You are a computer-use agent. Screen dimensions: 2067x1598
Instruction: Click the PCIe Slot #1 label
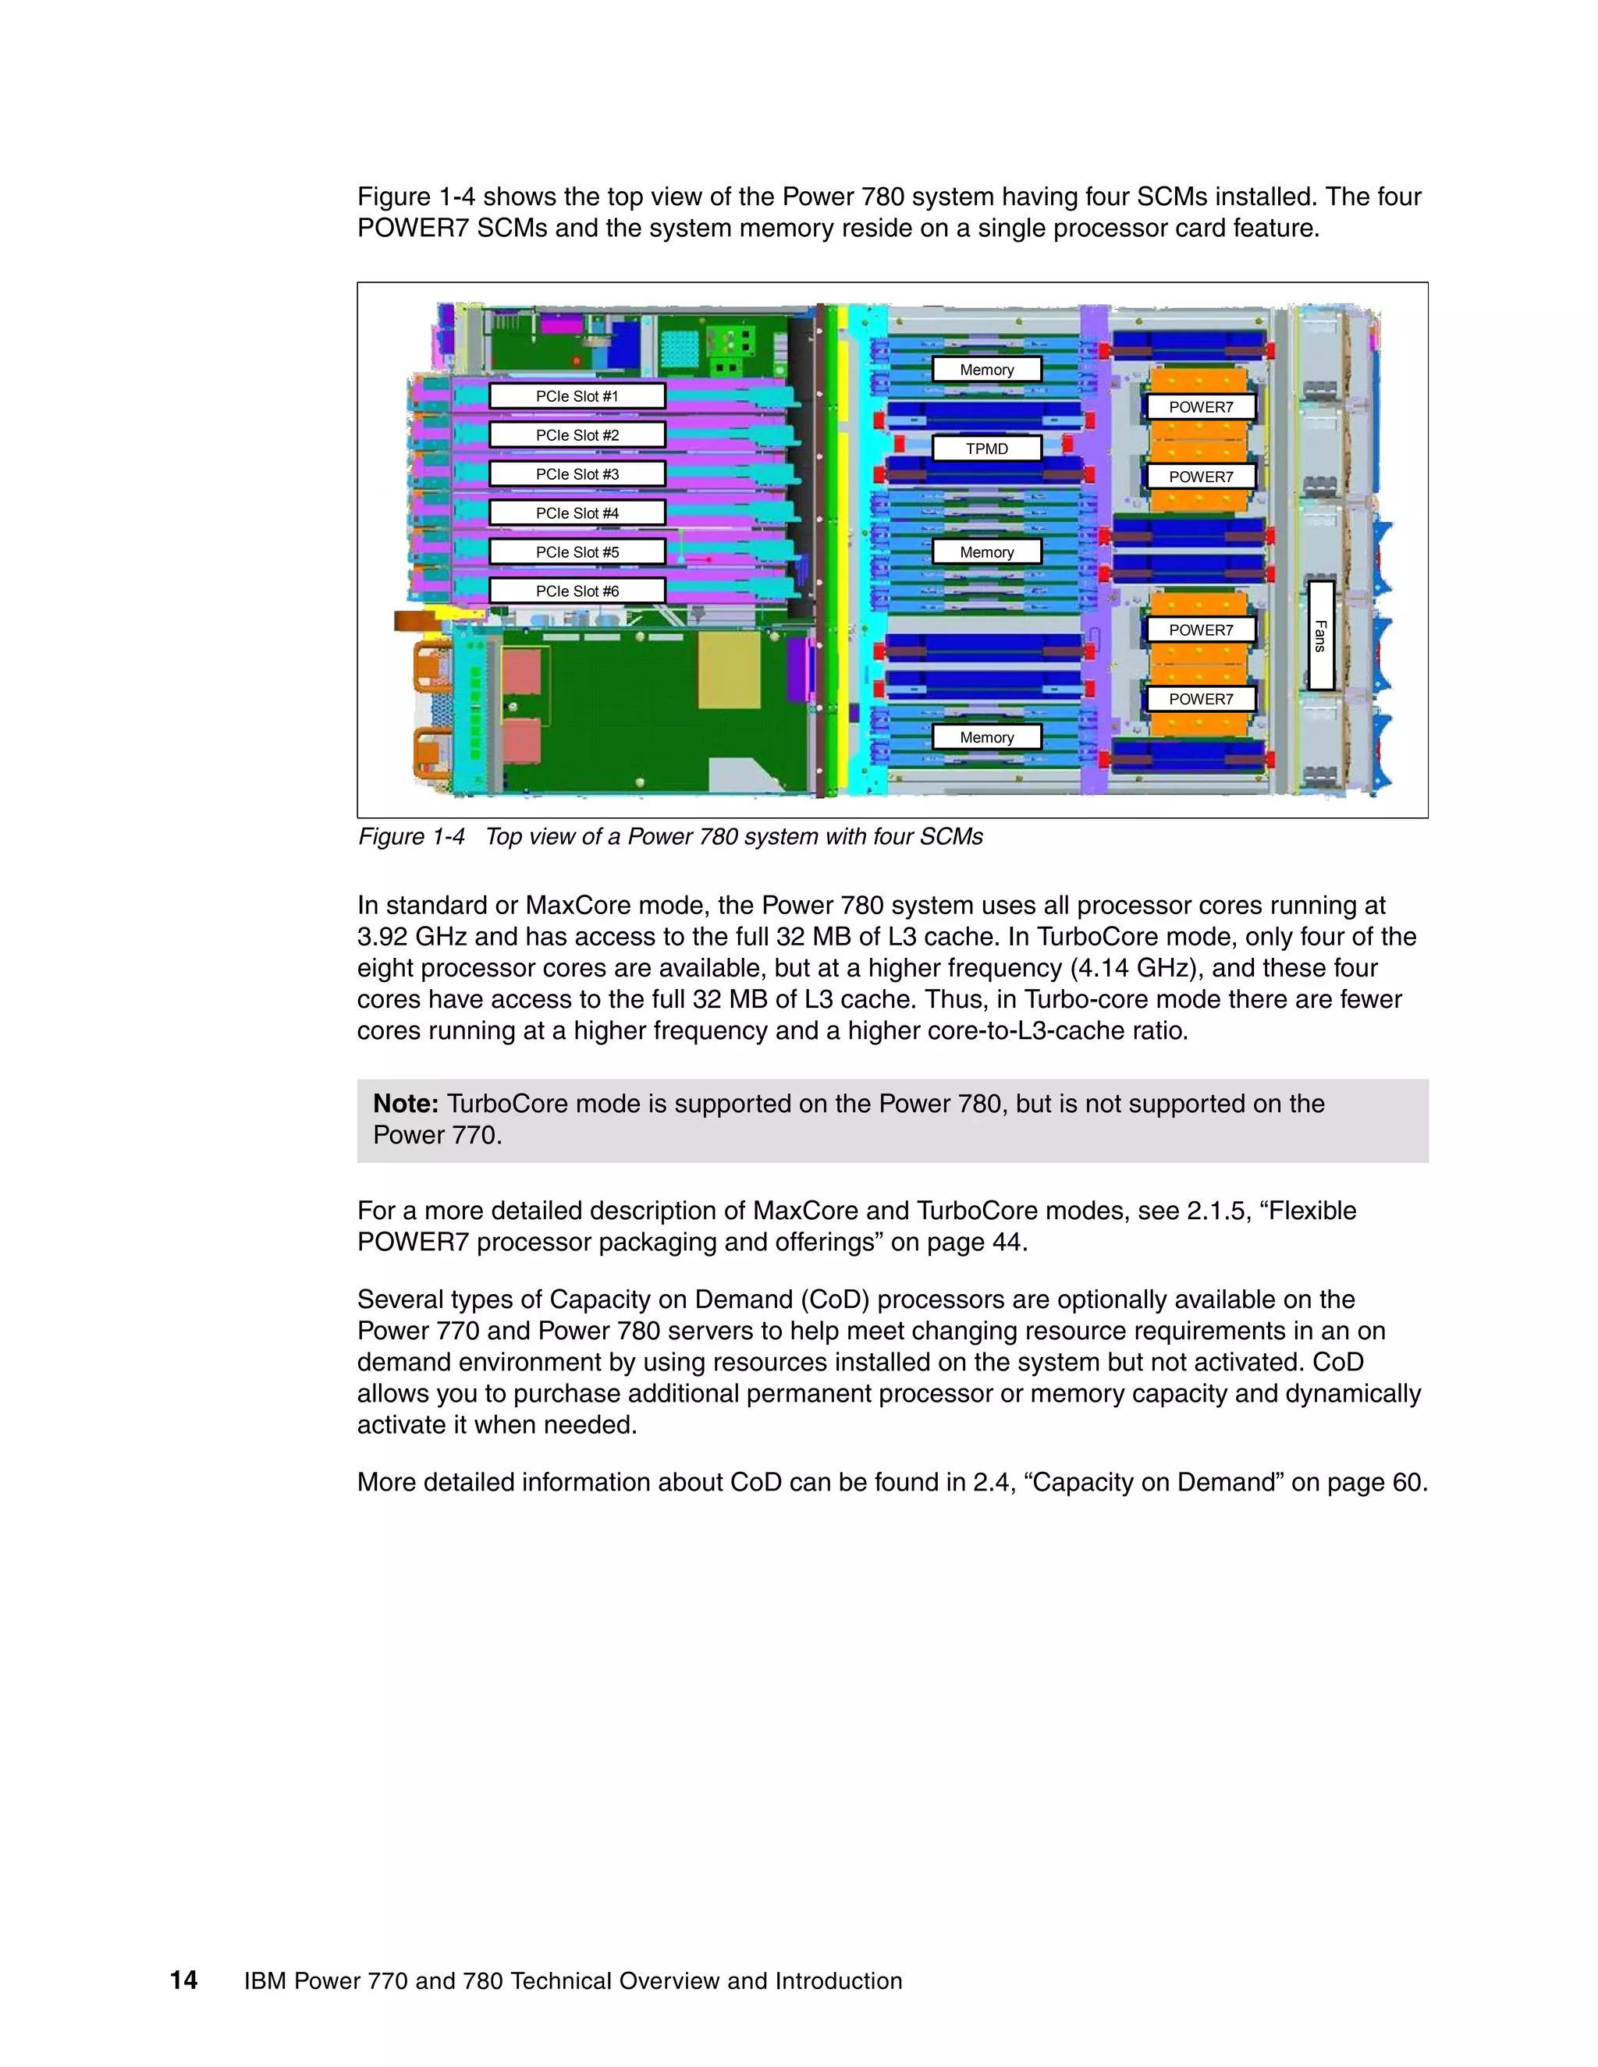point(577,395)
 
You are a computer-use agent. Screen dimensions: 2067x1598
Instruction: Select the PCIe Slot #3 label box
point(577,474)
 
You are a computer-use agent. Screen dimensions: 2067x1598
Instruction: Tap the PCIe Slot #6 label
point(577,590)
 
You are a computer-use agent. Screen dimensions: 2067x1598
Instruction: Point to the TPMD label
point(986,448)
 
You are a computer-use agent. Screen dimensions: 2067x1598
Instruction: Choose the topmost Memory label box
point(986,369)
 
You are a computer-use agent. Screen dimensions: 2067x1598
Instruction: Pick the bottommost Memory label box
point(986,737)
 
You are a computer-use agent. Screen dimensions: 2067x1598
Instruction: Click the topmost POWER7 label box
point(1200,407)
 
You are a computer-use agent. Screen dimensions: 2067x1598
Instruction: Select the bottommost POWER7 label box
point(1200,698)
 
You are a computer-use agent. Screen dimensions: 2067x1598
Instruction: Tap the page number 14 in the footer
point(183,1980)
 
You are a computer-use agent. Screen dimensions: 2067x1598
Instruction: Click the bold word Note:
point(405,1104)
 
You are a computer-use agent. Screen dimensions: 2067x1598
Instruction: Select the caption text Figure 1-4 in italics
point(412,837)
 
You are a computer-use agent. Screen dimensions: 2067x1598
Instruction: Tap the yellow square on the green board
point(729,670)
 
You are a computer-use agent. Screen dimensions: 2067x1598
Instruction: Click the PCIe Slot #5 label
point(577,551)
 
